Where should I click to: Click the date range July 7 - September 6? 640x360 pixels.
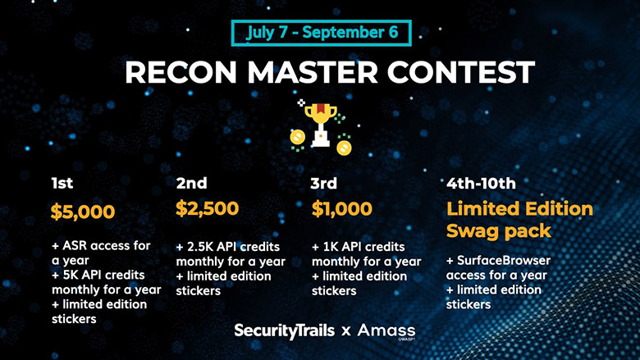pos(322,33)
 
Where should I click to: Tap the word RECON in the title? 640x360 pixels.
pos(181,72)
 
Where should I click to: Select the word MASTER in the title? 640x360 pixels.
pos(313,72)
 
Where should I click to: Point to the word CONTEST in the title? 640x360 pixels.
pos(461,72)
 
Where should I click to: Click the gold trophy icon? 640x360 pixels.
pos(321,125)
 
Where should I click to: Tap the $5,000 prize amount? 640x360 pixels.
pos(83,212)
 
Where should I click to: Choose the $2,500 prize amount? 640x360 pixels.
pos(208,208)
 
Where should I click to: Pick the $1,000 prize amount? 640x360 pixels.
pos(342,208)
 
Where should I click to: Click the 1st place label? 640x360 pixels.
pos(62,183)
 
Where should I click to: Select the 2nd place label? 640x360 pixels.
pos(191,183)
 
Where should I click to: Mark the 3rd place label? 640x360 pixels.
pos(323,183)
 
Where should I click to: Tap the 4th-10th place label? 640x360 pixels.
pos(481,184)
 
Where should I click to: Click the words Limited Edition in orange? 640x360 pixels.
pos(519,209)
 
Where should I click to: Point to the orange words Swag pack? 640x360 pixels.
pos(499,231)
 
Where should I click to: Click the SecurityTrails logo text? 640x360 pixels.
pos(285,330)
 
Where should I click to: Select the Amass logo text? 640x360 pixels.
pos(386,330)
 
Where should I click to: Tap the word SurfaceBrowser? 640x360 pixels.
pos(504,260)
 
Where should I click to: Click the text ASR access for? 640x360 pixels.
pos(106,245)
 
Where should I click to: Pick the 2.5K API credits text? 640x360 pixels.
pos(234,247)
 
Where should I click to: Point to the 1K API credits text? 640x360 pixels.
pos(363,247)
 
